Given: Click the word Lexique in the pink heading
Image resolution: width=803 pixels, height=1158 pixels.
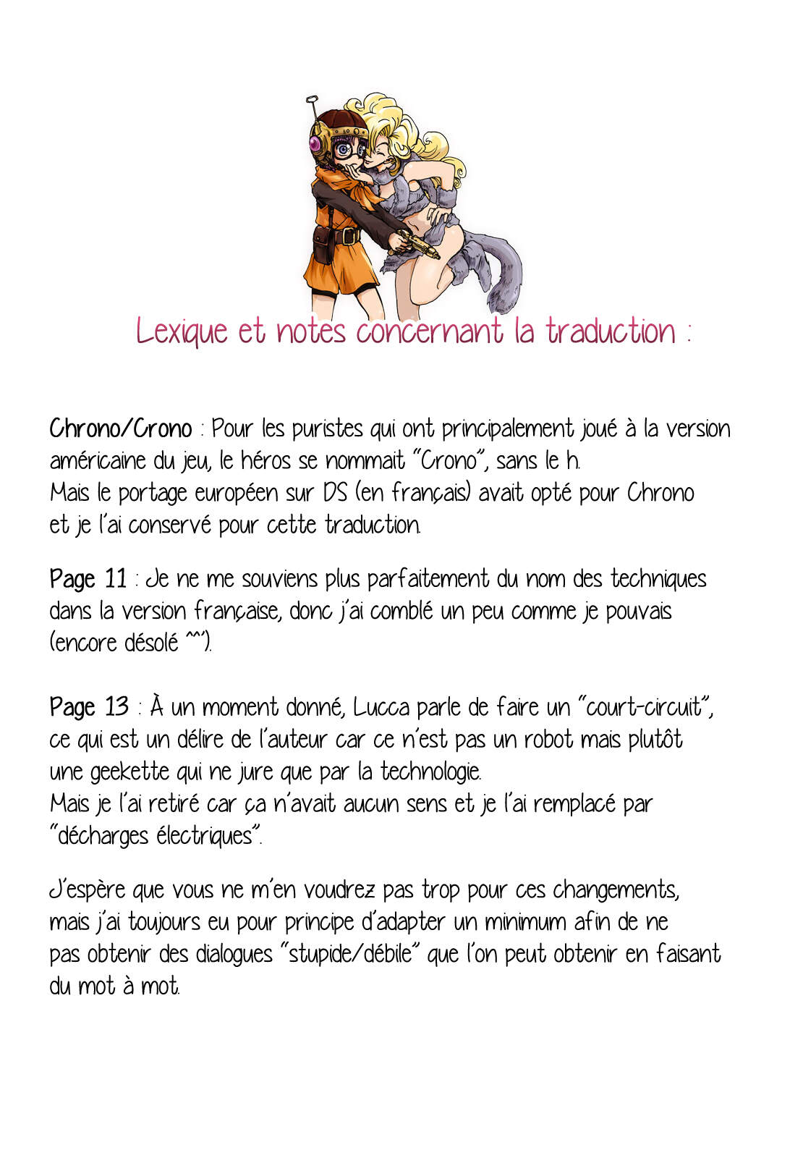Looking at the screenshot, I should [x=181, y=331].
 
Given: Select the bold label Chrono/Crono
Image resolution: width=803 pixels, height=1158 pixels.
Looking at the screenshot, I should [x=120, y=428].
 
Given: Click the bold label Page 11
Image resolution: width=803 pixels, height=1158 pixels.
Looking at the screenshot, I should [x=88, y=579].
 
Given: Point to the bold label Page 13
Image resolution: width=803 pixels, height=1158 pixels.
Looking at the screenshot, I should [x=88, y=706].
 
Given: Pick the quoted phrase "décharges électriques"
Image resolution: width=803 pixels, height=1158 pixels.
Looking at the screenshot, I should [x=155, y=836].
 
